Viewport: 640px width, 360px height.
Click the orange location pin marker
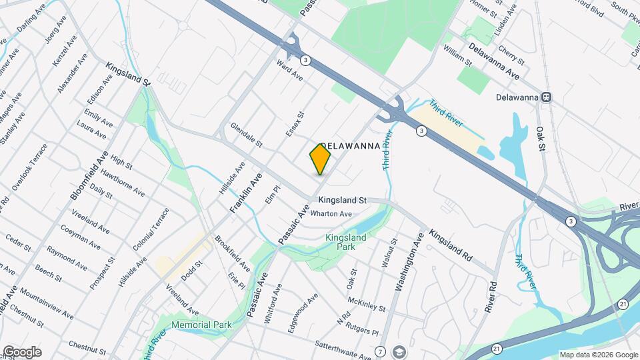pyautogui.click(x=320, y=159)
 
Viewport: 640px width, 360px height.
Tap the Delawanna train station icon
pyautogui.click(x=546, y=97)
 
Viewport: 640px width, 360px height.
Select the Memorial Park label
pyautogui.click(x=201, y=325)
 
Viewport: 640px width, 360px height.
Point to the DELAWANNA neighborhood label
pyautogui.click(x=351, y=145)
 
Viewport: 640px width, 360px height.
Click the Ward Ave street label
pyautogui.click(x=289, y=71)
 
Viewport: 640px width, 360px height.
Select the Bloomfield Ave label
pyautogui.click(x=88, y=175)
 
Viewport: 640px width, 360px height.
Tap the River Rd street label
pyautogui.click(x=492, y=297)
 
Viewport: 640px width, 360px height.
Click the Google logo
pyautogui.click(x=22, y=351)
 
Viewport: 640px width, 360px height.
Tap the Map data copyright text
pyautogui.click(x=598, y=355)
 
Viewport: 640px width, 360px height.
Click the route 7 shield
pyautogui.click(x=380, y=351)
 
